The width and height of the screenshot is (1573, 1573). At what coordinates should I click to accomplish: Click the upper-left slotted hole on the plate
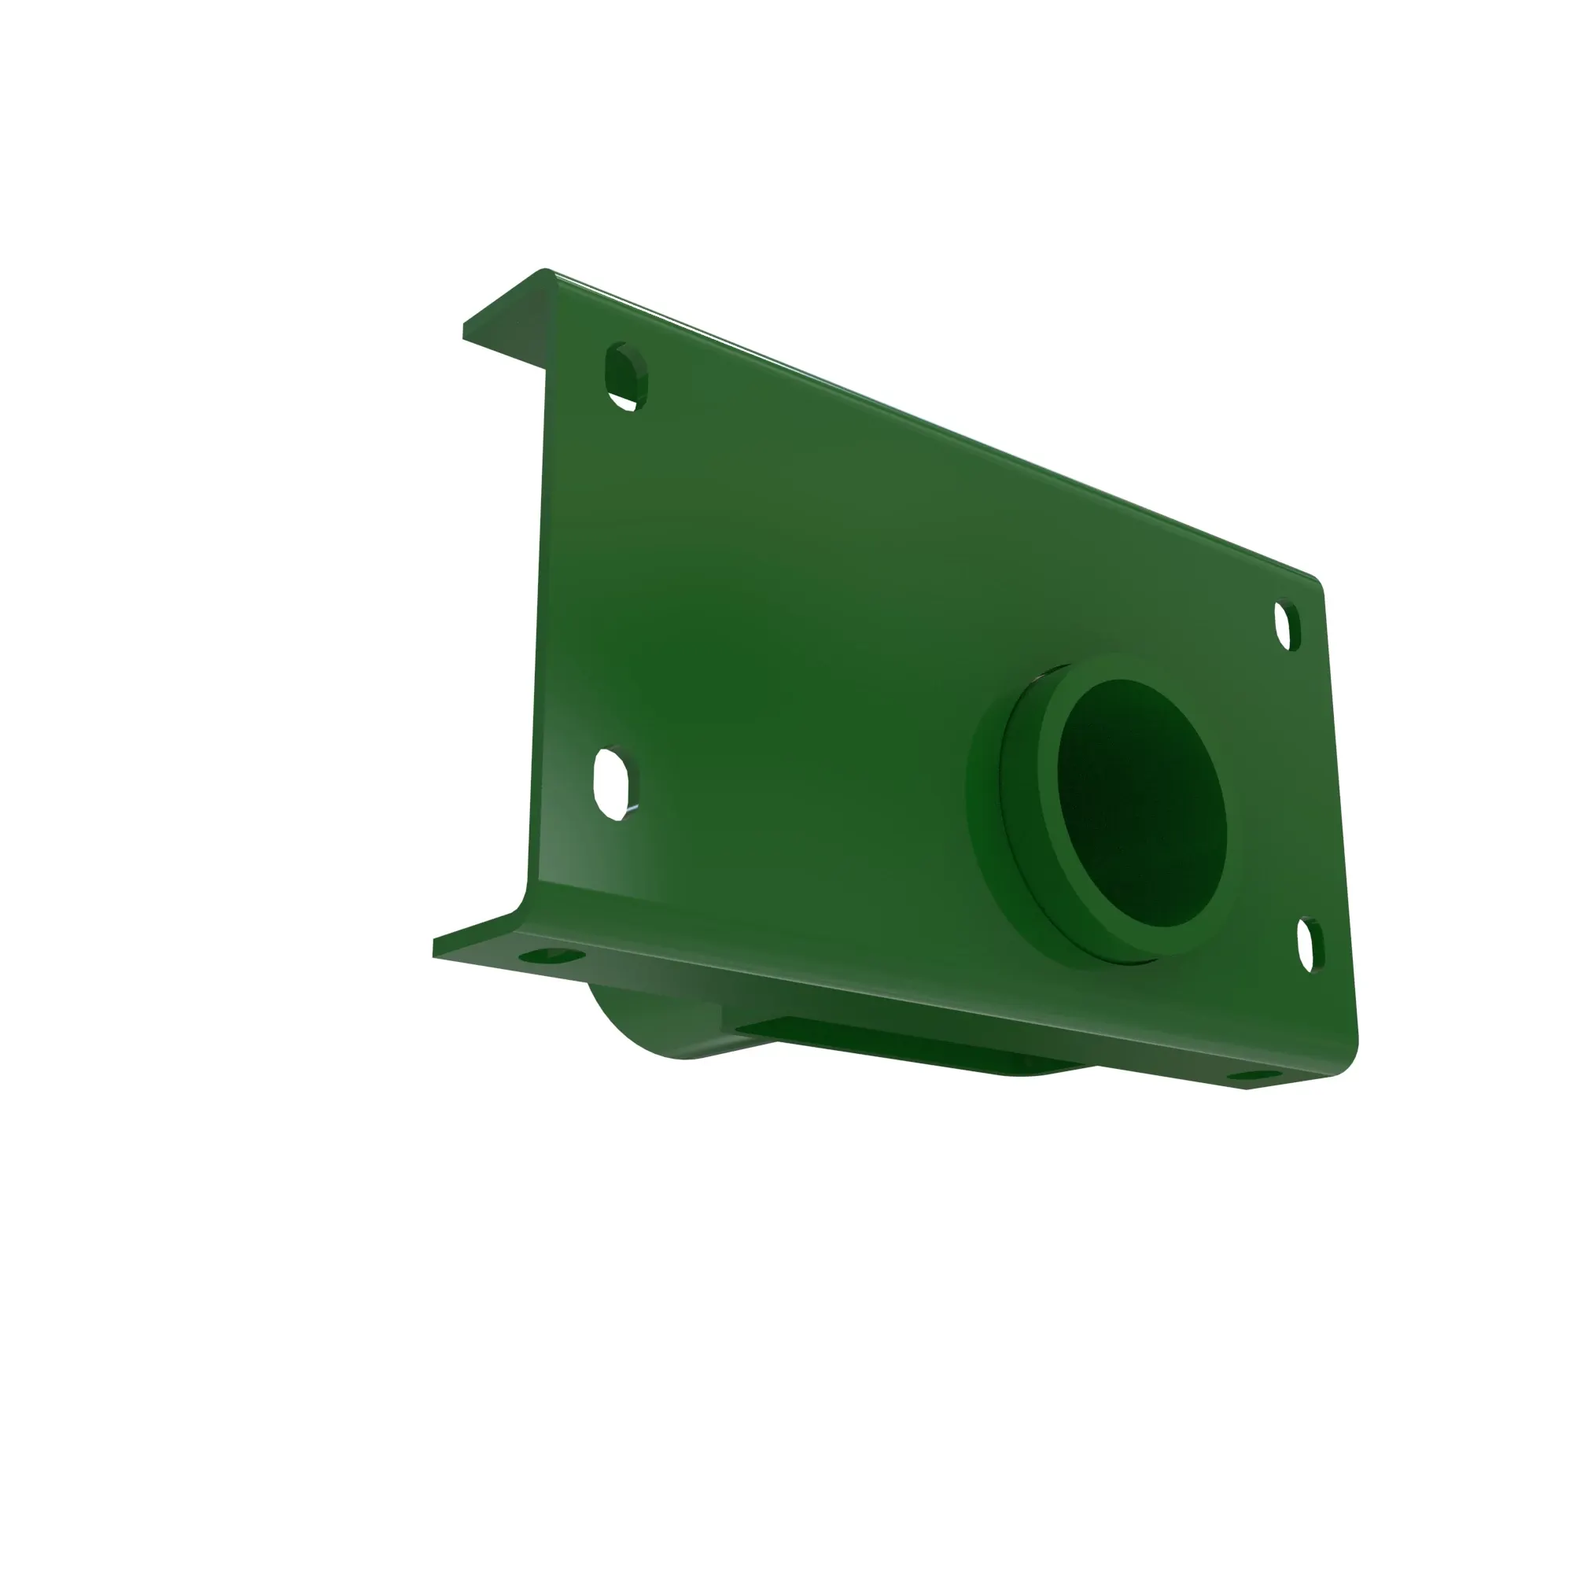click(x=624, y=376)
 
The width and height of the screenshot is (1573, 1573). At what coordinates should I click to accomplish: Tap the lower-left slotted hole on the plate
click(x=616, y=783)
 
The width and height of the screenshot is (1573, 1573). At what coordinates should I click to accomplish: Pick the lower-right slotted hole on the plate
click(x=1310, y=944)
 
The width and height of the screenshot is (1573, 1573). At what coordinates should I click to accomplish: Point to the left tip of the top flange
click(x=466, y=330)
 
